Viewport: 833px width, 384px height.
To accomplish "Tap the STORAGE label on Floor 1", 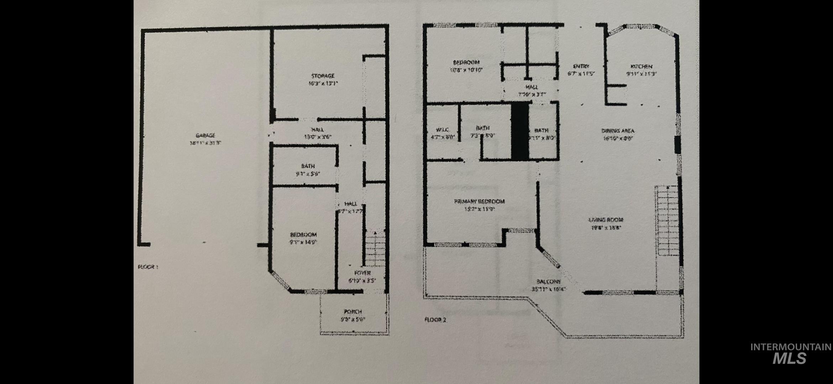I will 323,76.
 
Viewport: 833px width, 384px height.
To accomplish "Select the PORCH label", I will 352,312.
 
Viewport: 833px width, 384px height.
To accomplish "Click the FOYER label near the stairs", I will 362,273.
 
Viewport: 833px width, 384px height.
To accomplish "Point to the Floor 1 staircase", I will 375,249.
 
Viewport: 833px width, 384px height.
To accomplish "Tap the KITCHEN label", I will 641,67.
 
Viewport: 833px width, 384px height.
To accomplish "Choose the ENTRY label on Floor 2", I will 581,66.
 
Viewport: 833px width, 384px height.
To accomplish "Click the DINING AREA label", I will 618,131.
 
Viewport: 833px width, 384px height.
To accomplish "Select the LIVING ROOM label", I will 606,220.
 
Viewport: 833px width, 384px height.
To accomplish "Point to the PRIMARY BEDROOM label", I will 480,202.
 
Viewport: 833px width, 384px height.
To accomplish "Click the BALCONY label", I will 548,281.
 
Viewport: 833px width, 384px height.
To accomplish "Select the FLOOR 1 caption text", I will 148,266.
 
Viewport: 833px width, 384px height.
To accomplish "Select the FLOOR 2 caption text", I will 435,320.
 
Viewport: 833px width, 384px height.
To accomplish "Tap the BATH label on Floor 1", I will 308,166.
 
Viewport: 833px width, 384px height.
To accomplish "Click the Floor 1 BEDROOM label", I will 303,235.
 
